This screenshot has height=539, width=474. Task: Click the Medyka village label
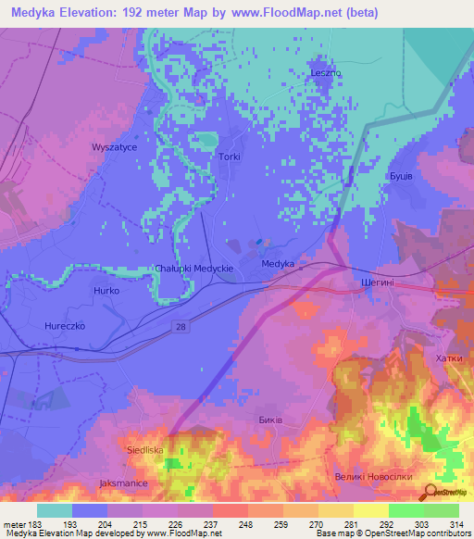click(x=278, y=264)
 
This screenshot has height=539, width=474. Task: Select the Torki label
click(x=230, y=157)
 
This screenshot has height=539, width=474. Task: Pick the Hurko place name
click(x=107, y=291)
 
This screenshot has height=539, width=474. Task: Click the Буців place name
click(x=399, y=175)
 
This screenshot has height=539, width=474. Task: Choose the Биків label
click(x=269, y=420)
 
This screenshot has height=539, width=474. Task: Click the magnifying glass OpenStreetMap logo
click(x=430, y=492)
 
